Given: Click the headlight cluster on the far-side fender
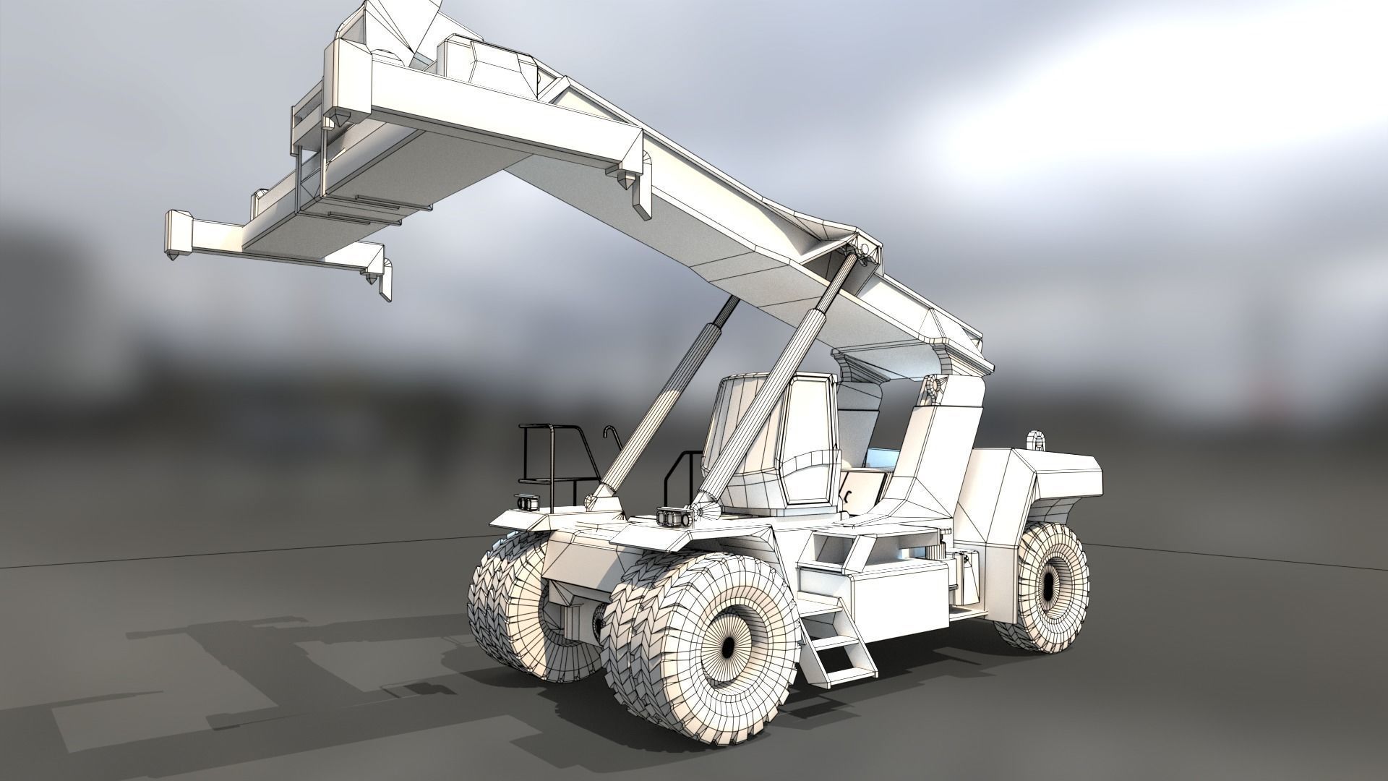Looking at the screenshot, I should (526, 503).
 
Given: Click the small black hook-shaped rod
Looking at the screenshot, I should (611, 441).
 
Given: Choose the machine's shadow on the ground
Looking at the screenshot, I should (253, 665).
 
